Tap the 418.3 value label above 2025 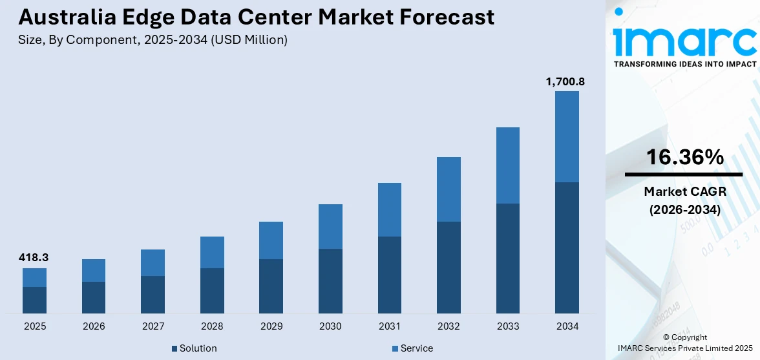point(34,257)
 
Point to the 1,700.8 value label point(566,81)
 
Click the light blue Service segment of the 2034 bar point(567,136)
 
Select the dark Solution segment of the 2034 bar point(567,248)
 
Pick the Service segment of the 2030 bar point(330,226)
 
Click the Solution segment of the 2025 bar point(34,300)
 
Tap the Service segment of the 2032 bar point(449,189)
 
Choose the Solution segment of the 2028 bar point(212,290)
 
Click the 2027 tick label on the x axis point(153,326)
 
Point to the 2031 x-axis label point(389,326)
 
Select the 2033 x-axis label point(507,326)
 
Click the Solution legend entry point(194,348)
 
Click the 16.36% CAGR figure point(684,157)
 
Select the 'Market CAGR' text point(684,191)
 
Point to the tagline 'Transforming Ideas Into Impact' point(684,64)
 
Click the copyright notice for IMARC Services point(684,343)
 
